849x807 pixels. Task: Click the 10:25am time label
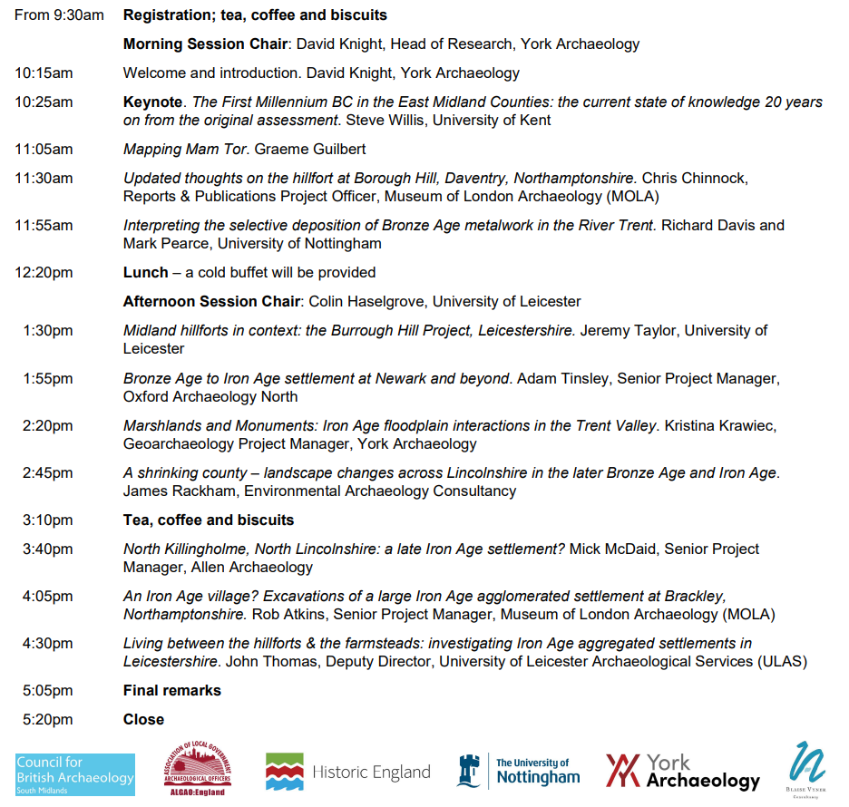[x=44, y=102]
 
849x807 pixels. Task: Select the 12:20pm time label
[x=44, y=273]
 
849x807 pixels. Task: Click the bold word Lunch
[x=145, y=273]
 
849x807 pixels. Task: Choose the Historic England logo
[x=347, y=772]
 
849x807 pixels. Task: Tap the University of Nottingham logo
[x=519, y=772]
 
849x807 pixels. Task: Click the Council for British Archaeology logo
[x=75, y=774]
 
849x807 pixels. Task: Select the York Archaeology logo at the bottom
[x=682, y=772]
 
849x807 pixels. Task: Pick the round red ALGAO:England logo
[x=196, y=770]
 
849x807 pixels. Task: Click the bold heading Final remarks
[x=172, y=691]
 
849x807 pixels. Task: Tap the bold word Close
[x=143, y=720]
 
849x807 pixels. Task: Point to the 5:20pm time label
[x=48, y=720]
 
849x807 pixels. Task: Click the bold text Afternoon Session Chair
[x=211, y=302]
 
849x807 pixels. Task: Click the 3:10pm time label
[x=48, y=520]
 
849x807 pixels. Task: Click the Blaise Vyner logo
[x=806, y=767]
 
